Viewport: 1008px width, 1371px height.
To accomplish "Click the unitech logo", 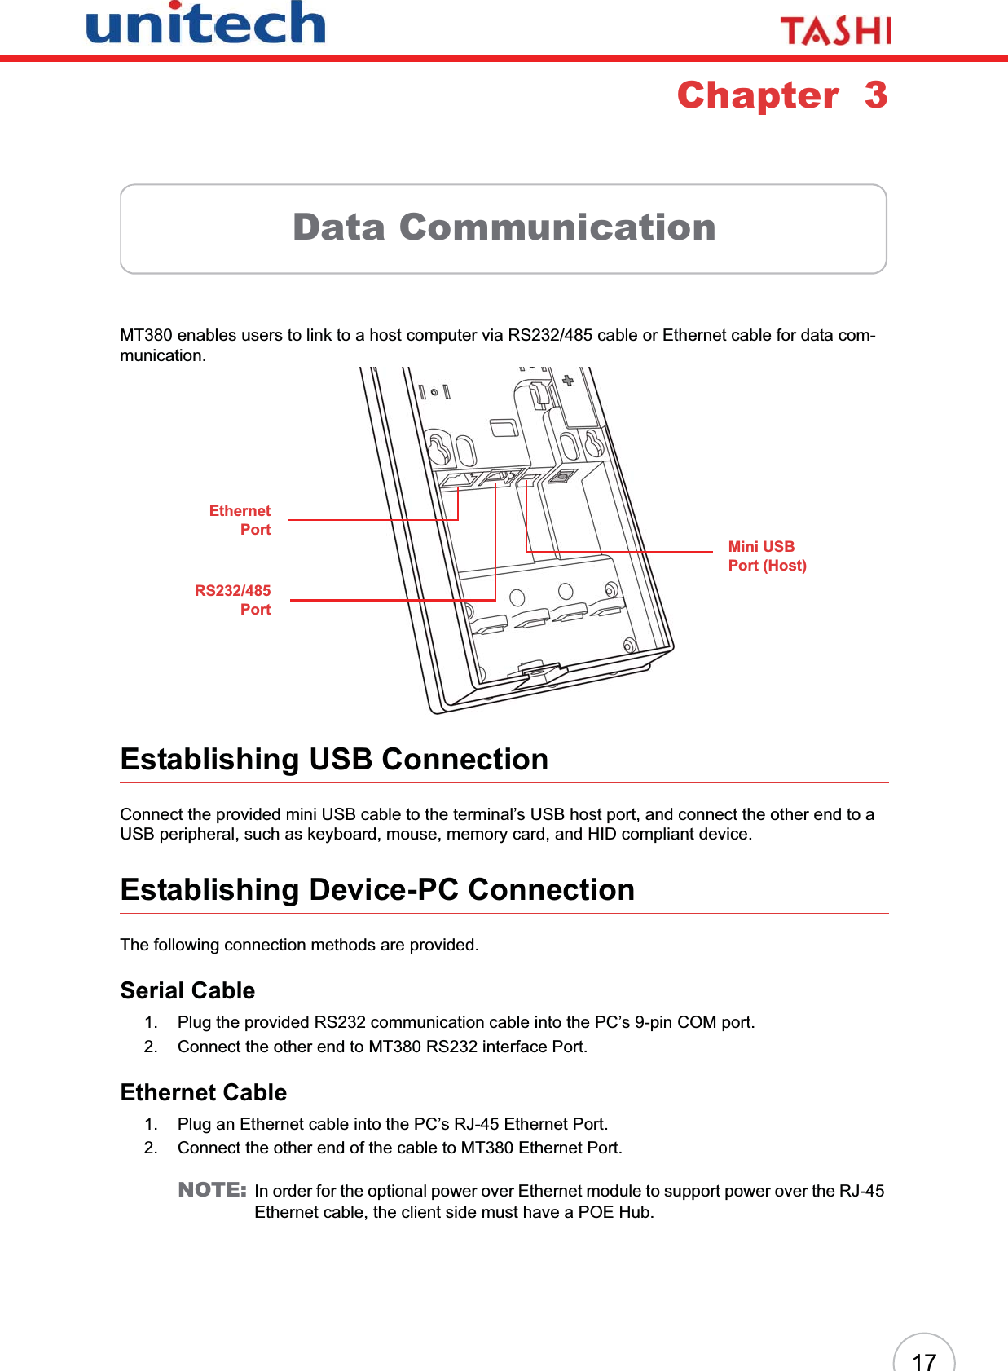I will click(x=205, y=24).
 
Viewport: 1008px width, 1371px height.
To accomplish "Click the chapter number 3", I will click(x=876, y=95).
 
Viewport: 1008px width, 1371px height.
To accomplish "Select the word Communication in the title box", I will click(x=557, y=227).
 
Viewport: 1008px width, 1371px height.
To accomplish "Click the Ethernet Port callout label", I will click(x=241, y=520).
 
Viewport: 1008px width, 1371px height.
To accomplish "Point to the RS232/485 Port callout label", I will click(x=234, y=600).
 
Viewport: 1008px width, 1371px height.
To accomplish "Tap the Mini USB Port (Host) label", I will click(x=766, y=556).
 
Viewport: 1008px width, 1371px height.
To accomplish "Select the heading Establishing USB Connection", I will click(x=334, y=760).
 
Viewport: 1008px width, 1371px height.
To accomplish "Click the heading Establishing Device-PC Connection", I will click(x=377, y=890).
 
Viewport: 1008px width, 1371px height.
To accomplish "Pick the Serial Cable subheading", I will click(x=187, y=991).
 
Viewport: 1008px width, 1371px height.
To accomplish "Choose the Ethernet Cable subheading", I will click(x=204, y=1093).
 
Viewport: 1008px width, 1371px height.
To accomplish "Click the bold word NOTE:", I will click(x=212, y=1190).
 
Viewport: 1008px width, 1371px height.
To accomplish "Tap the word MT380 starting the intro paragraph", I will click(x=146, y=336).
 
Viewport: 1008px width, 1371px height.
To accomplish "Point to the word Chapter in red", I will click(x=758, y=95).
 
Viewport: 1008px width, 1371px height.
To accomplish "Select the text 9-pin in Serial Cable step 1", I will click(x=654, y=1022).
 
